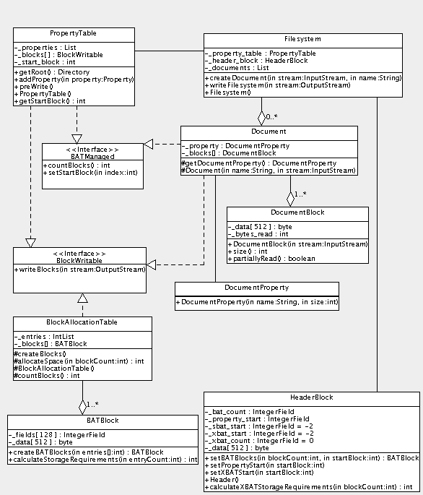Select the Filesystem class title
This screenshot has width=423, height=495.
coord(298,38)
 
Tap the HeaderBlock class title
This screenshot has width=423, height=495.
coord(311,397)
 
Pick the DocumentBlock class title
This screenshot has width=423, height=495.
coord(297,212)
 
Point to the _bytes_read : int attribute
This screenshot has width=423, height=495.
coord(258,234)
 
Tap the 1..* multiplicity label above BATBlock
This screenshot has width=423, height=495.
coord(93,404)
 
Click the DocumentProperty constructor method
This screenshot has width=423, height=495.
coord(256,301)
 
